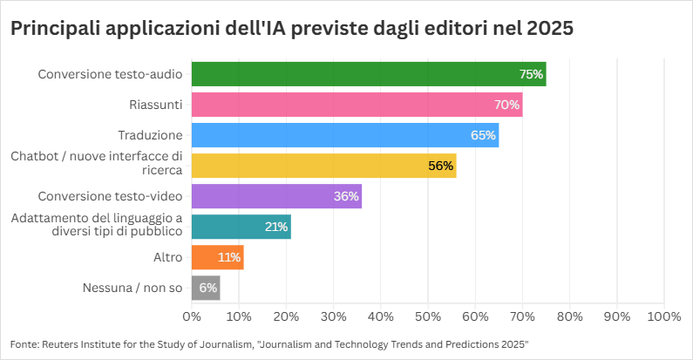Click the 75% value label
coord(531,75)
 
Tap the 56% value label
coord(441,166)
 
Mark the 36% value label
coord(346,196)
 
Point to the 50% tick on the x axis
coord(428,315)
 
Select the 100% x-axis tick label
coord(663,315)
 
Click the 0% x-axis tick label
coord(192,315)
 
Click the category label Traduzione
coord(150,135)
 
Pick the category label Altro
coord(167,257)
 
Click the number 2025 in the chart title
coord(551,29)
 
